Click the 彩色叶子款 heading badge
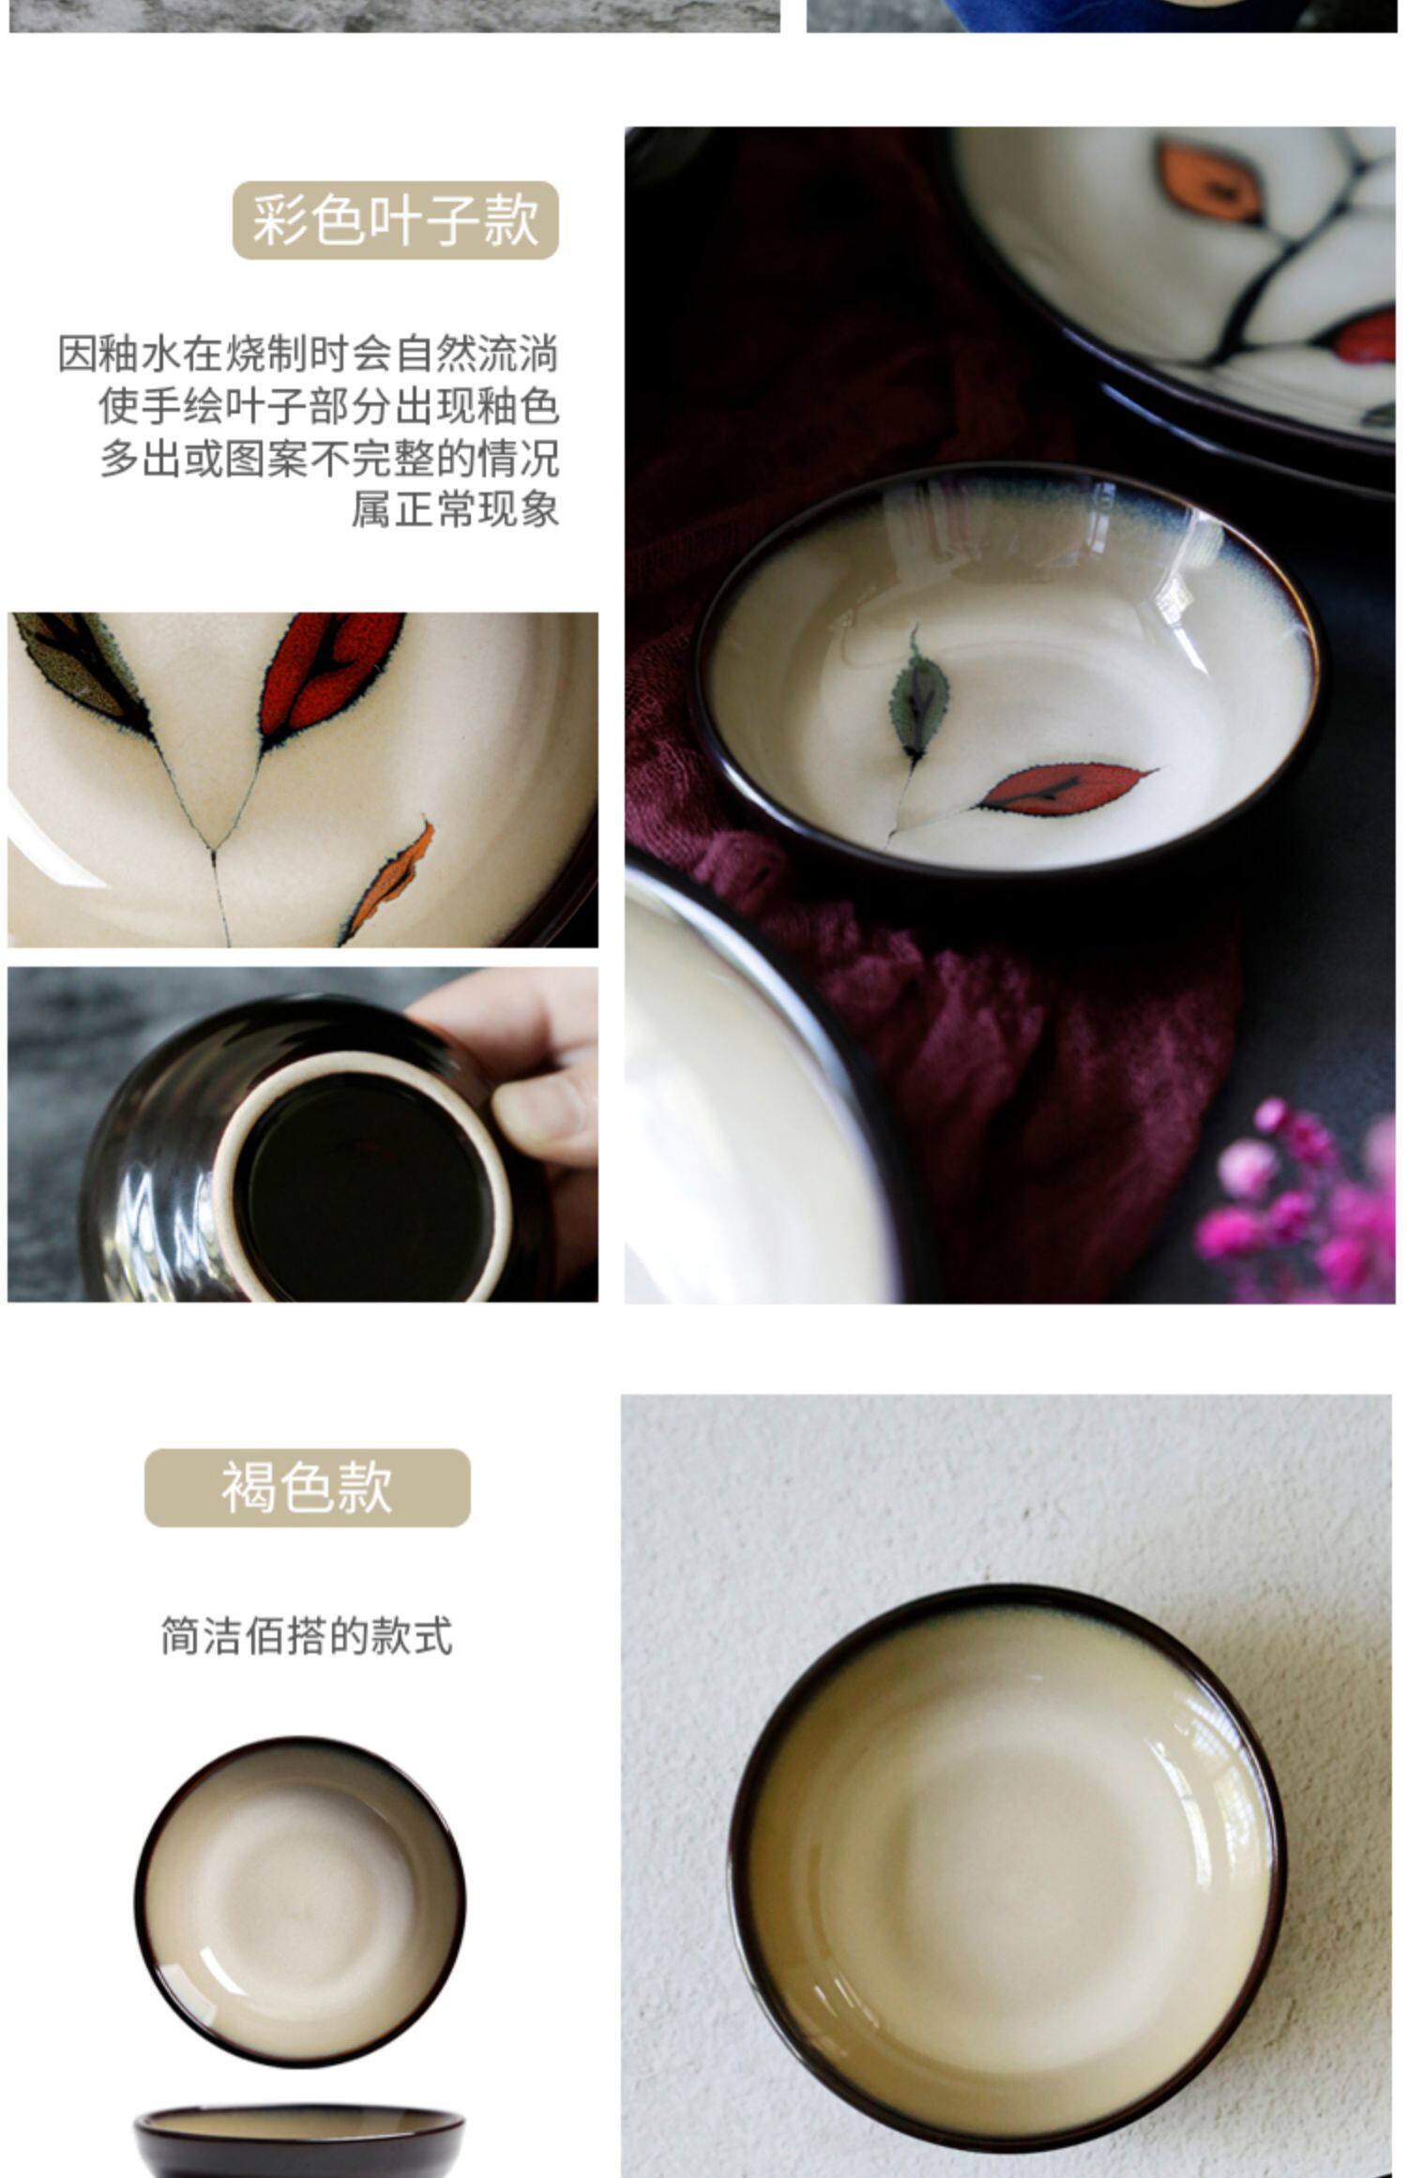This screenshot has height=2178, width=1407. click(x=395, y=220)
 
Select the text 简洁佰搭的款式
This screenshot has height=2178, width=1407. click(x=307, y=1637)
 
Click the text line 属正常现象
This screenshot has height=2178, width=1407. click(x=455, y=509)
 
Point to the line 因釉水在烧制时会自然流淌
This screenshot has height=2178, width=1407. click(x=309, y=354)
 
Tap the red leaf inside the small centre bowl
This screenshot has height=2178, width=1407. click(x=1065, y=788)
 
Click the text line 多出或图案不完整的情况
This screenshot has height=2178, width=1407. click(x=329, y=459)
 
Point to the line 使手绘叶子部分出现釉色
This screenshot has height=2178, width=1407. click(x=329, y=406)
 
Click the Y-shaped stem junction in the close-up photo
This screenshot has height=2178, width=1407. click(x=214, y=851)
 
